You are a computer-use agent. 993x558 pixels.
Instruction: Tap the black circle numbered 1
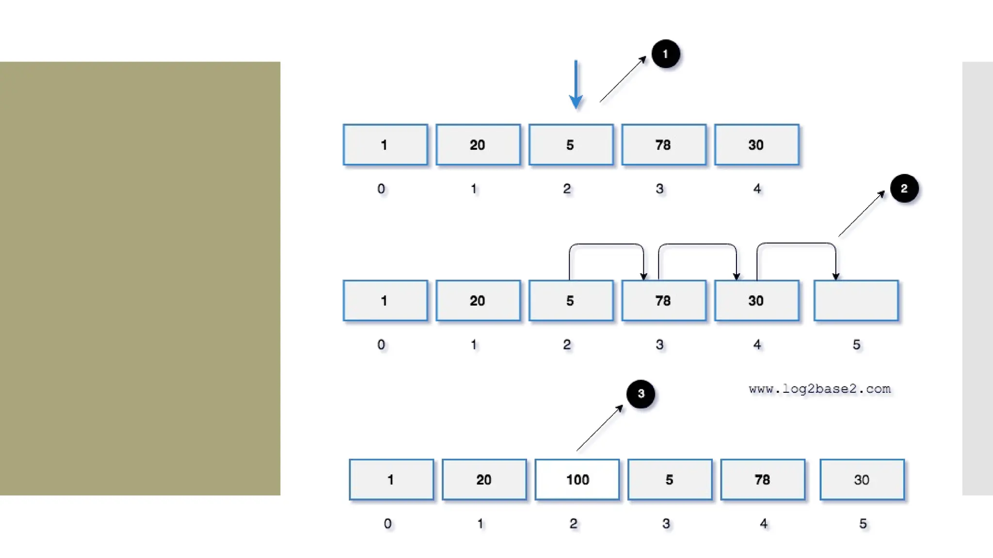coord(665,54)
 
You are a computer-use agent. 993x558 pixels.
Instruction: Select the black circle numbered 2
coord(904,188)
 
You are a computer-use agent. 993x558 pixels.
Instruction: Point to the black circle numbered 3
coord(641,394)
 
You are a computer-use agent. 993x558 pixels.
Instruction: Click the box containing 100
coord(577,480)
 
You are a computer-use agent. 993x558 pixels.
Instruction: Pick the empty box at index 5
coord(856,301)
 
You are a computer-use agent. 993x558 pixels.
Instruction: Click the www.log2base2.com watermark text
coord(819,389)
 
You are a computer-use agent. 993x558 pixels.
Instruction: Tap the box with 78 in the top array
coord(663,145)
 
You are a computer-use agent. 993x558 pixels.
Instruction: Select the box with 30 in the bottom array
coord(862,480)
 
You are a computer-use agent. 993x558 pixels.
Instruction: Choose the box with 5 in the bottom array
coord(670,480)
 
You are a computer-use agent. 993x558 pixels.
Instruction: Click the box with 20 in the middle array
coord(478,301)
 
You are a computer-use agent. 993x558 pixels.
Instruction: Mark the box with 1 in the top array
coord(385,145)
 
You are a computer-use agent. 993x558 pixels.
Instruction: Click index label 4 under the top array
coord(757,189)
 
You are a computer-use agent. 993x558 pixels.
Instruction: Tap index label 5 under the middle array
coord(856,345)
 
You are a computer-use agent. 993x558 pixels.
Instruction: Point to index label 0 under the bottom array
coord(387,524)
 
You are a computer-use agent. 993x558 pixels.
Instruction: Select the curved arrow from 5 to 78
coord(606,245)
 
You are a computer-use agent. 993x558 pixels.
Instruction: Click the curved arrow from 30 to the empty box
coord(796,244)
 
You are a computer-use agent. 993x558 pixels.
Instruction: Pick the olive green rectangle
coord(140,279)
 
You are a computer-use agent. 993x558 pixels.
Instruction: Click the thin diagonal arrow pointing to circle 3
coord(599,428)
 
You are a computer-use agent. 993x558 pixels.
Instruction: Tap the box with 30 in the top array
coord(756,145)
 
